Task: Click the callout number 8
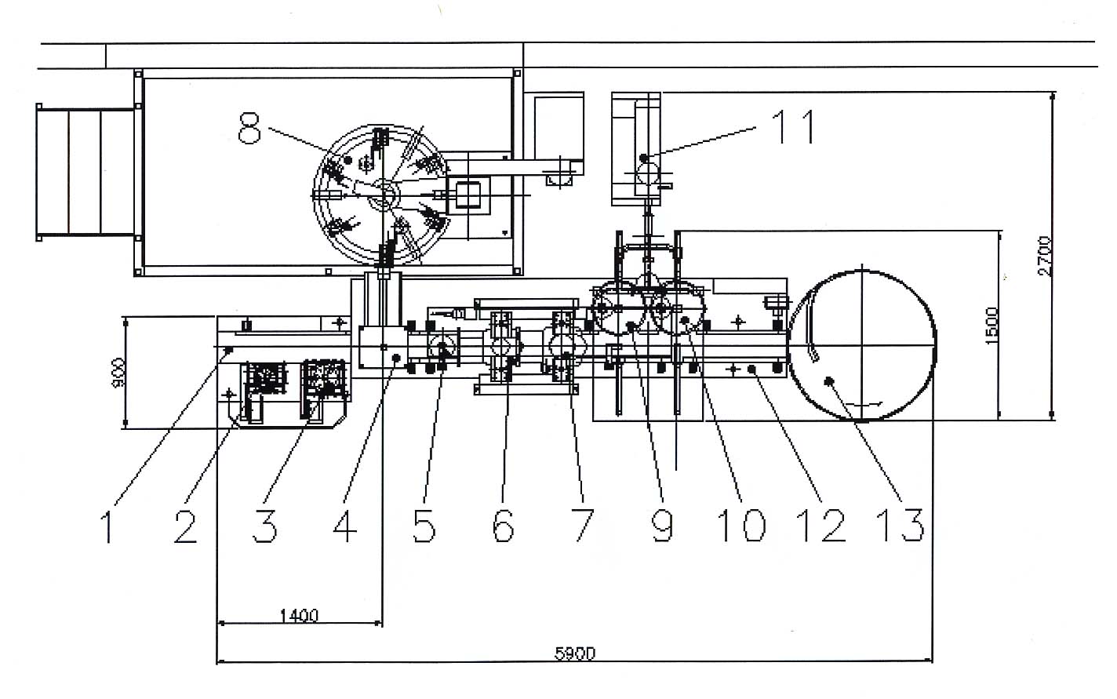point(249,128)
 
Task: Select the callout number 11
point(795,126)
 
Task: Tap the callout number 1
point(107,527)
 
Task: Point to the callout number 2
point(185,527)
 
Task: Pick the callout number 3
point(265,526)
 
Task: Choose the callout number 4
point(344,526)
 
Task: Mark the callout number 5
point(424,526)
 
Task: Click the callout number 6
point(503,526)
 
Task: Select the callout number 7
point(584,526)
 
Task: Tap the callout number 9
point(663,526)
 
